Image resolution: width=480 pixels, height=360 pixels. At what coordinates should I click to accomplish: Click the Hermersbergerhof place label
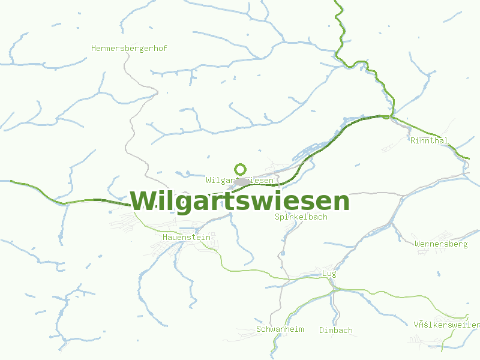click(x=129, y=48)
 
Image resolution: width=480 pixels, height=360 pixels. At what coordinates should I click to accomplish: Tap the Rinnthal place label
click(x=429, y=140)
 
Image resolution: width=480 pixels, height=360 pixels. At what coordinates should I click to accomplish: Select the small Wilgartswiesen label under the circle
click(x=239, y=180)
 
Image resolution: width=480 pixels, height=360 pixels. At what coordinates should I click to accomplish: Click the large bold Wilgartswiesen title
click(x=239, y=201)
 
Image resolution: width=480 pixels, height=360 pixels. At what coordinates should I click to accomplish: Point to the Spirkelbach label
click(x=301, y=217)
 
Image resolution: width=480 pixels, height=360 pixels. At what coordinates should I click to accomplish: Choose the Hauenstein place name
click(x=187, y=237)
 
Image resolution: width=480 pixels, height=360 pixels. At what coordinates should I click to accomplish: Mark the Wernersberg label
click(x=441, y=244)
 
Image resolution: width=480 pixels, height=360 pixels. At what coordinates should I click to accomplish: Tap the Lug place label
click(x=329, y=274)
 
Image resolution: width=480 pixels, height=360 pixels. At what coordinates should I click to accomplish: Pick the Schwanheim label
click(x=280, y=329)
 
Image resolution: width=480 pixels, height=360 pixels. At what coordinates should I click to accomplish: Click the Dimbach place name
click(x=336, y=330)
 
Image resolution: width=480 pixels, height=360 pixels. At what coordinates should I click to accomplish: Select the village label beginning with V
click(x=446, y=325)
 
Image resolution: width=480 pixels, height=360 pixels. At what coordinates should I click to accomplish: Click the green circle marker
click(x=240, y=169)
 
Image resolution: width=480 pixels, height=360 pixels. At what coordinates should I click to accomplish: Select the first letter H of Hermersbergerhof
click(x=94, y=48)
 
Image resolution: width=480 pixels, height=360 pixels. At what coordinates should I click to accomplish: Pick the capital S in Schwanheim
click(x=259, y=329)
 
